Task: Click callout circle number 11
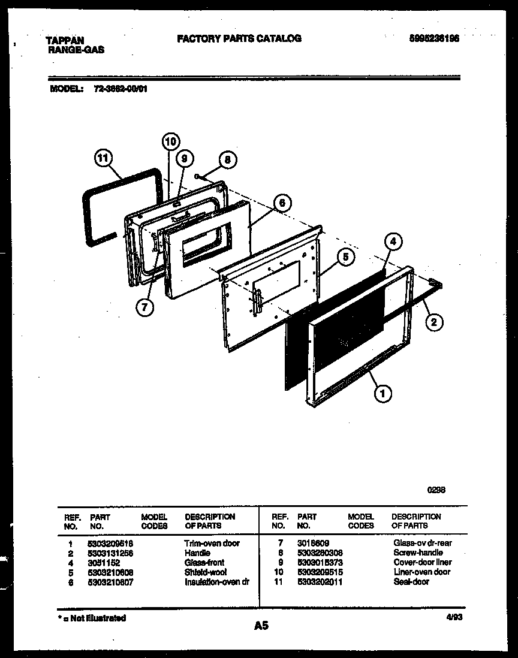click(x=103, y=159)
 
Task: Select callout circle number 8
click(x=227, y=159)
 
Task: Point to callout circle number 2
click(x=435, y=322)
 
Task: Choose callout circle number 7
click(x=144, y=307)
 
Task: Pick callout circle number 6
click(x=281, y=203)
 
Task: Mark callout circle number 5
click(x=345, y=257)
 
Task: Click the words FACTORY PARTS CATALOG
click(x=239, y=38)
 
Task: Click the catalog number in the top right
click(x=435, y=38)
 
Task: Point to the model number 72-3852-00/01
click(x=121, y=89)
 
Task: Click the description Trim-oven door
click(x=212, y=543)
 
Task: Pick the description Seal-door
click(x=411, y=581)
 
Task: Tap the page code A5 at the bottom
click(x=261, y=626)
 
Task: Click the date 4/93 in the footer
click(x=450, y=617)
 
